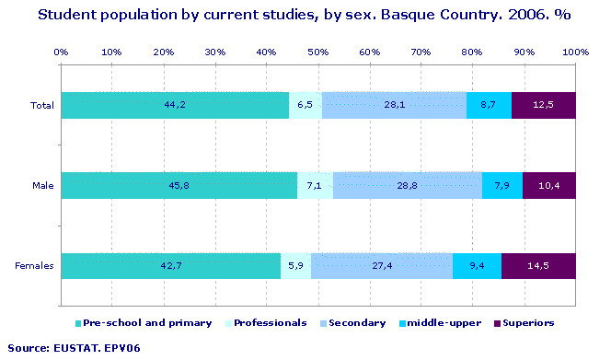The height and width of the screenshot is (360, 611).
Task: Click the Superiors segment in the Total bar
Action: [x=543, y=105]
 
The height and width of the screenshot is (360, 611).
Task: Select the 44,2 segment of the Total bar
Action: [x=174, y=105]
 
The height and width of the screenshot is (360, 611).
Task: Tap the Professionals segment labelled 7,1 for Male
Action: [x=315, y=186]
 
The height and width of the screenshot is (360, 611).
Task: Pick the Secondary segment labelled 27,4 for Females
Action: [x=382, y=266]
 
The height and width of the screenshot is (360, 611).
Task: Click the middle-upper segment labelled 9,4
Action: [x=477, y=266]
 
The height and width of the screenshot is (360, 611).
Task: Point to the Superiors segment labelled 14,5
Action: [x=538, y=266]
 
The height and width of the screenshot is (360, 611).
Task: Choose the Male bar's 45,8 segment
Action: [x=179, y=186]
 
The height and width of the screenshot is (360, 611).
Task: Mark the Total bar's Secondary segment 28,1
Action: [x=395, y=105]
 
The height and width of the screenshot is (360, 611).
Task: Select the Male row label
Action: [x=43, y=186]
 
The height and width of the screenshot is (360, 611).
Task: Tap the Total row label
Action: [x=42, y=106]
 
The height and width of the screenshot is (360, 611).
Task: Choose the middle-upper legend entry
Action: [x=444, y=323]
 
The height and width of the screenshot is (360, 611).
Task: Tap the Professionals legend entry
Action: [x=270, y=323]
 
